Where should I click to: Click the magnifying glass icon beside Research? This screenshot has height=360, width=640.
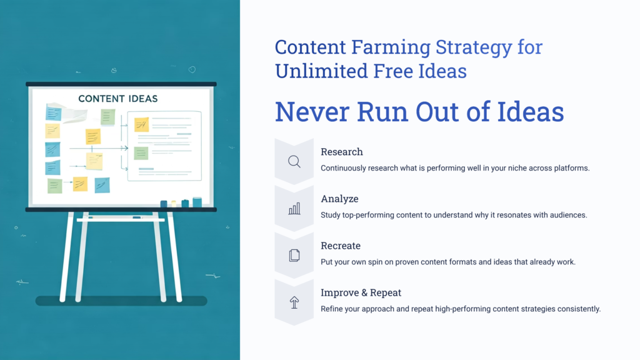[294, 162]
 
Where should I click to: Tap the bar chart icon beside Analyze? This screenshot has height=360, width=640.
[294, 209]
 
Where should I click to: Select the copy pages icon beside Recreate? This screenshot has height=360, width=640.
[294, 255]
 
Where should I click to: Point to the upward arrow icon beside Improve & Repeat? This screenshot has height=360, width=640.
[294, 302]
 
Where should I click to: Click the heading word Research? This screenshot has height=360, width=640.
[341, 152]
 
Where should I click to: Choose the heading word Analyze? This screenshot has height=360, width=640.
[339, 199]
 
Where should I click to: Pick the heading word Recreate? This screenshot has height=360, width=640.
[341, 246]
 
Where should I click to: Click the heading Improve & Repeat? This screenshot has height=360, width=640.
[361, 292]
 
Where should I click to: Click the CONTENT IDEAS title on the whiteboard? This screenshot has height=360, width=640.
[118, 99]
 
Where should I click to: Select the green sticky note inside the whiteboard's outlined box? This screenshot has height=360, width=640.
[141, 153]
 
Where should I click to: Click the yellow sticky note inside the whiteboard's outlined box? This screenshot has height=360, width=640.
[142, 124]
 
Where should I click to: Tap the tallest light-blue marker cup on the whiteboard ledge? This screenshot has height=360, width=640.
[197, 202]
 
